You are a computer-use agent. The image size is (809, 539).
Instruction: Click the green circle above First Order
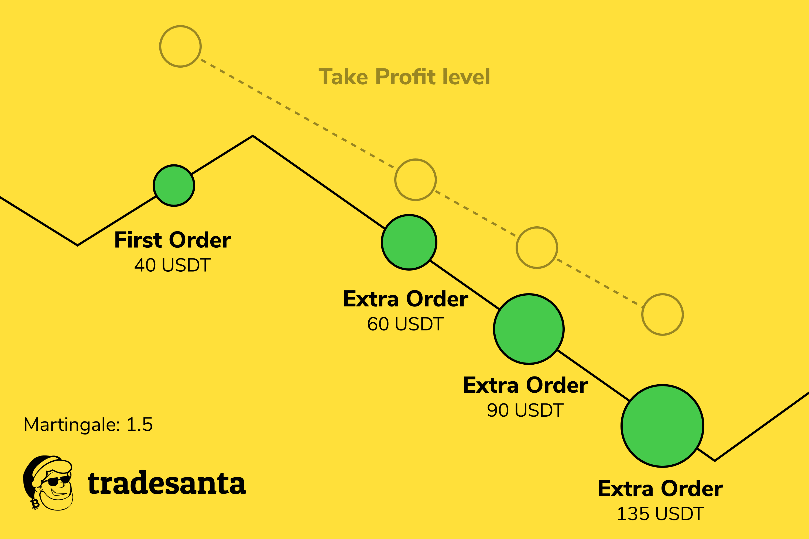(174, 186)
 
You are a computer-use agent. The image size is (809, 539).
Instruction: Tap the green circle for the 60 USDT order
(409, 242)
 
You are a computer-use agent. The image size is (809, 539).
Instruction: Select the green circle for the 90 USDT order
(529, 329)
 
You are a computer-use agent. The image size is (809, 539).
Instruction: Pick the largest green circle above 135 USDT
(663, 426)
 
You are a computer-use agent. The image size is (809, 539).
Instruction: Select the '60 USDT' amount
(406, 324)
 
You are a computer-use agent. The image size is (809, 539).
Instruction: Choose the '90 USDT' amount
(525, 410)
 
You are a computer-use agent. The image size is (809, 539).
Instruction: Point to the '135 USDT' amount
(660, 514)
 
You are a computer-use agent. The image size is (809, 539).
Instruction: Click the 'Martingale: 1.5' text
(88, 424)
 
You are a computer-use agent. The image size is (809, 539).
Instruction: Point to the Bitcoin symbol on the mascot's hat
(35, 504)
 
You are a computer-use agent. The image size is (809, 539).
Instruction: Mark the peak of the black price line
(253, 136)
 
